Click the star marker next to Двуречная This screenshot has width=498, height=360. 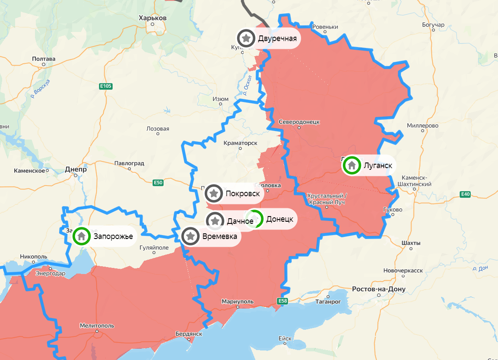click(x=246, y=38)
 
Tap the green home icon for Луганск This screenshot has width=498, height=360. click(x=352, y=165)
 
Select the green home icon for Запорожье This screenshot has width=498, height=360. click(x=81, y=236)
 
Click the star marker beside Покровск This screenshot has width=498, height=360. click(x=214, y=193)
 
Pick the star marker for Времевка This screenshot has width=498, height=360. click(x=190, y=236)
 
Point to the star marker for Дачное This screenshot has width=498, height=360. click(x=215, y=221)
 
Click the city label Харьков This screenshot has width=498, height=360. click(x=152, y=18)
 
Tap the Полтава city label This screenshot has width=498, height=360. click(x=44, y=59)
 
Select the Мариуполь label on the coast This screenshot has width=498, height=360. click(x=237, y=301)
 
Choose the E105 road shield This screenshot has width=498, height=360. click(x=105, y=86)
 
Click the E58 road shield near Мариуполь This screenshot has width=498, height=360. click(x=282, y=301)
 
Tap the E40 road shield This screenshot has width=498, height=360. click(x=465, y=194)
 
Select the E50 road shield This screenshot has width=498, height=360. click(x=158, y=183)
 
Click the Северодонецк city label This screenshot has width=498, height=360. click(x=299, y=122)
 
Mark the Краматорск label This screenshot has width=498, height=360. click(x=241, y=143)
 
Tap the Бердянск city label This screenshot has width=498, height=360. click(x=189, y=334)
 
